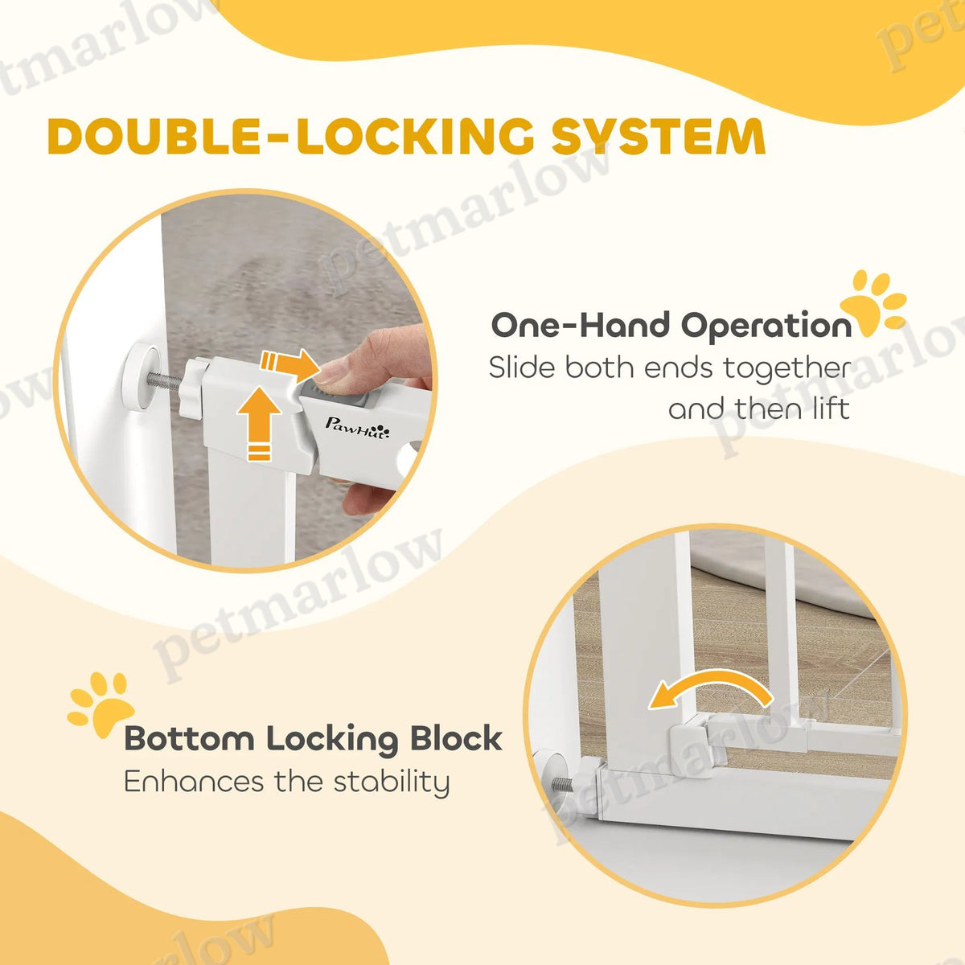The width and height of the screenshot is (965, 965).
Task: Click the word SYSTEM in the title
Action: (659, 136)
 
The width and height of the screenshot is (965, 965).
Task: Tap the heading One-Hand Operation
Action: (671, 326)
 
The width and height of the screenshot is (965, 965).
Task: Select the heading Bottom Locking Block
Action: (314, 739)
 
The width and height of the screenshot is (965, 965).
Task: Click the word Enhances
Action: (194, 782)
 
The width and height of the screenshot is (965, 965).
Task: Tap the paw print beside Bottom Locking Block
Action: (101, 704)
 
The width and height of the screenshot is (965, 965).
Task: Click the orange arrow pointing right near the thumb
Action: (290, 364)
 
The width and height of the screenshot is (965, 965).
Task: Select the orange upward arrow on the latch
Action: (259, 424)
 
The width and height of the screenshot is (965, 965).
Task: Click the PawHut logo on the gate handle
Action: (357, 428)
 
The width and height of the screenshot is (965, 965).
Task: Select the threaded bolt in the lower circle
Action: (565, 784)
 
